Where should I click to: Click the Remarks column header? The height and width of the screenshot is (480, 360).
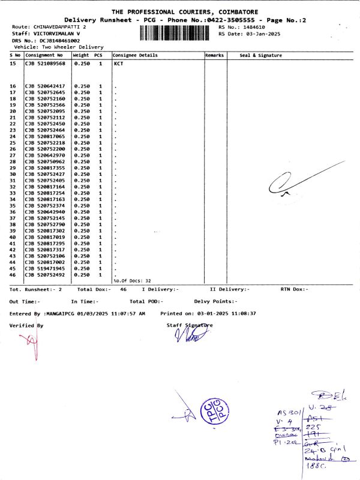coord(214,55)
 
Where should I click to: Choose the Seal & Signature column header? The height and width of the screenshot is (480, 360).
coord(260,55)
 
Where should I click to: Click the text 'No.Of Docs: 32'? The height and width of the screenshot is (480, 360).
coord(132,281)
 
